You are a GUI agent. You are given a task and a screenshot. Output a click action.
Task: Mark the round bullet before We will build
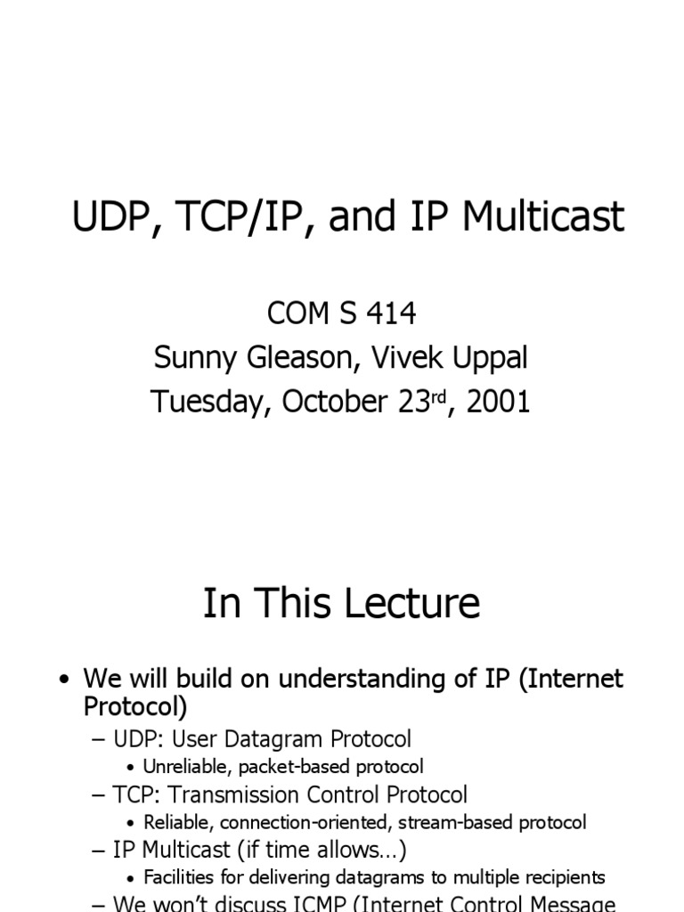coord(63,680)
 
